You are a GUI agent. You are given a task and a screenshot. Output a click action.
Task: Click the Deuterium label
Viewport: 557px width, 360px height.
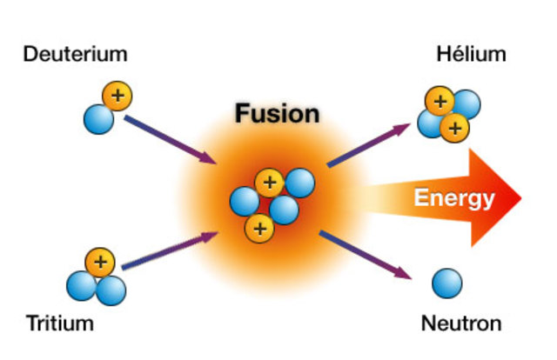point(75,55)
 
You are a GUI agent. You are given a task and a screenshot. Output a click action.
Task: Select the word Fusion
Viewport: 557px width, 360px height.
point(277,113)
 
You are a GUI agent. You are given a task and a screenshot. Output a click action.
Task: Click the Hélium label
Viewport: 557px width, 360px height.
point(471,55)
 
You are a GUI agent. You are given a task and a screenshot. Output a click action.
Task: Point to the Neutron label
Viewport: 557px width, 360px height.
point(460,324)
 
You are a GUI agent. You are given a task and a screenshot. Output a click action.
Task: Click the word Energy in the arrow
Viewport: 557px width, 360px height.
point(453,198)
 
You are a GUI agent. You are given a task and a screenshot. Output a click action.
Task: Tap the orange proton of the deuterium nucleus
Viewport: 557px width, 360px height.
point(116,94)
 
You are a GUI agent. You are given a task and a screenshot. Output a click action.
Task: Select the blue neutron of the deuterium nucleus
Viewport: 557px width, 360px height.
point(98,117)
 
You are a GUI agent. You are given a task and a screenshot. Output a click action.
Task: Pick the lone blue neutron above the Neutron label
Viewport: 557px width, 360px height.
point(447,283)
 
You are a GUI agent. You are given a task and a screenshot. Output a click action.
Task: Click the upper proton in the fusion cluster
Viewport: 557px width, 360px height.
point(270,183)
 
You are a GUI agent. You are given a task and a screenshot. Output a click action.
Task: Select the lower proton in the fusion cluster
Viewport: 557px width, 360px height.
point(258,228)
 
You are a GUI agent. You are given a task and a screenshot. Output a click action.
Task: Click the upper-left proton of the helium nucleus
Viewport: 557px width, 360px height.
point(440,102)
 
